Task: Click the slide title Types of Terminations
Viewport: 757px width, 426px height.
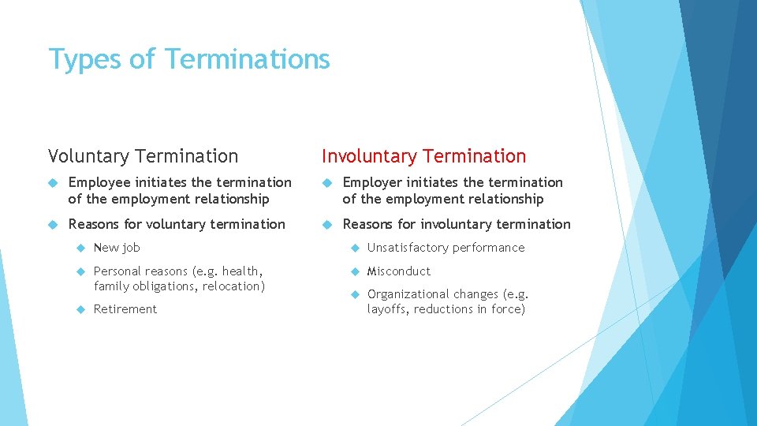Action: pyautogui.click(x=189, y=59)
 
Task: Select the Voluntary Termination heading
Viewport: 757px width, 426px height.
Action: pyautogui.click(x=143, y=156)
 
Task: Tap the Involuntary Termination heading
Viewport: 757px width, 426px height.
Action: pyautogui.click(x=423, y=156)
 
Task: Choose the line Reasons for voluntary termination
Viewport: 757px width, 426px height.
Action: pyautogui.click(x=177, y=224)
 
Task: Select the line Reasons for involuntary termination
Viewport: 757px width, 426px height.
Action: pyautogui.click(x=456, y=224)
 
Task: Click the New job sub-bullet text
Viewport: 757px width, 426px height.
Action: pyautogui.click(x=117, y=248)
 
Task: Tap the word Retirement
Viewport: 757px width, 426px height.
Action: pyautogui.click(x=125, y=309)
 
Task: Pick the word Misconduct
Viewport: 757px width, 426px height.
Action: pyautogui.click(x=399, y=271)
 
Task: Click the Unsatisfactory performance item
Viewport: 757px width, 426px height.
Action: pyautogui.click(x=446, y=248)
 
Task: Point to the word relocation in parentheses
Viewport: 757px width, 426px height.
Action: pyautogui.click(x=233, y=286)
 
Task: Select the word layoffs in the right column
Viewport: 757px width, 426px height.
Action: pyautogui.click(x=387, y=309)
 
